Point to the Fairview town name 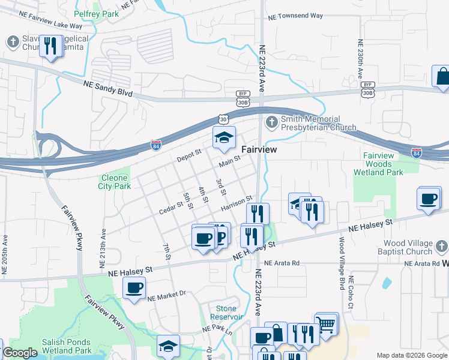click(259, 149)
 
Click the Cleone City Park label click(114, 182)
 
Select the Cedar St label click(170, 208)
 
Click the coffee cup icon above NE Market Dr click(134, 287)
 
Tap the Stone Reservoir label click(226, 313)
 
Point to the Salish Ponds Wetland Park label click(67, 346)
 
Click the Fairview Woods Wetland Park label click(378, 164)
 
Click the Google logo click(20, 353)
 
